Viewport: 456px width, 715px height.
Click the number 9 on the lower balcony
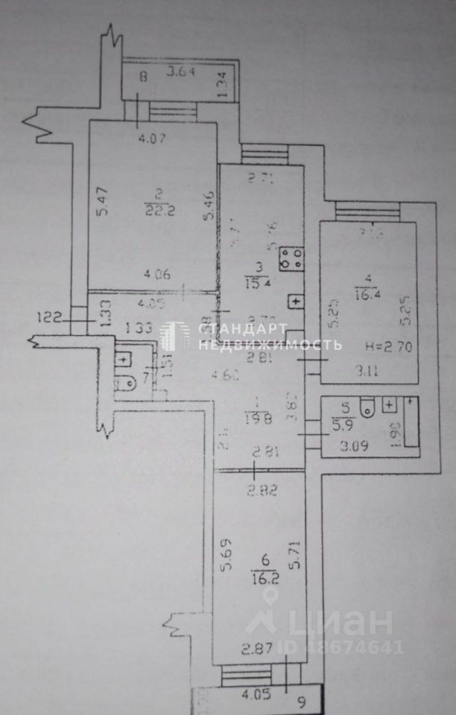tap(301, 700)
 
